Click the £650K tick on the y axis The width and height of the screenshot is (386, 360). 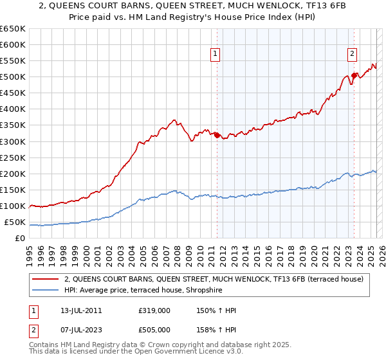tap(13, 29)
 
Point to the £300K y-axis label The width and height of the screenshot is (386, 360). tap(13, 141)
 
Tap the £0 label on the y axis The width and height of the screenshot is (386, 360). tap(20, 239)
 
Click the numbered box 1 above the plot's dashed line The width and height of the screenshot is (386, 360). tap(214, 55)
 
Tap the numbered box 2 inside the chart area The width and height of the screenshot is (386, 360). tap(353, 55)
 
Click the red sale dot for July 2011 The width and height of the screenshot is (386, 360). tap(217, 135)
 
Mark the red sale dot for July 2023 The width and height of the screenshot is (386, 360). tap(354, 75)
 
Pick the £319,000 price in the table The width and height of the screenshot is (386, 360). tap(154, 310)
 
